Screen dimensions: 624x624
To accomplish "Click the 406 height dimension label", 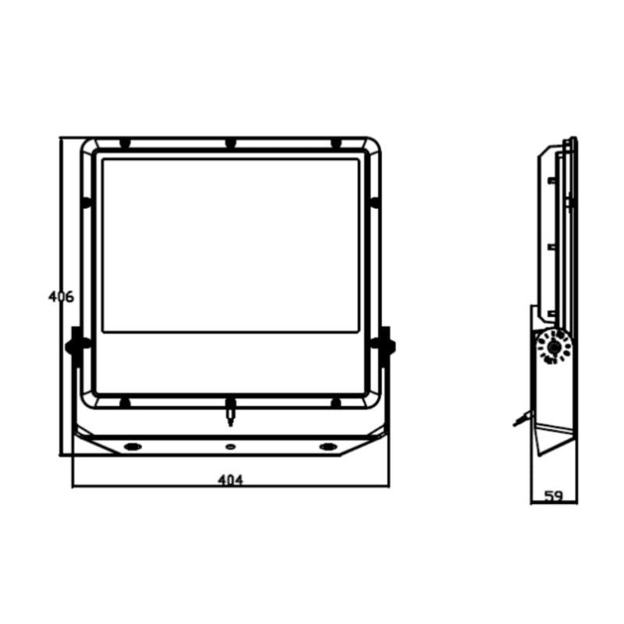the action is point(61,296).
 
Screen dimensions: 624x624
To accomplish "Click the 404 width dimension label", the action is point(230,480).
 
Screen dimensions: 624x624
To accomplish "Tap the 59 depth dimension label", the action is point(554,496).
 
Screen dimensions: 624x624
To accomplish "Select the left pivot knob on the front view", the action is point(76,346).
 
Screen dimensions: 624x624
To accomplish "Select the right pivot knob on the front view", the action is point(385,346).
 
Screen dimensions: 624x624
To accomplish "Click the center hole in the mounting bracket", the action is point(230,447).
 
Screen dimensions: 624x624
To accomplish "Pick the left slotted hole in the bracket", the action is point(133,446).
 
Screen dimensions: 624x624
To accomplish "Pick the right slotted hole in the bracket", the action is point(328,446).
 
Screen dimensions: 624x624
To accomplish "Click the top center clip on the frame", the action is point(230,144).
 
